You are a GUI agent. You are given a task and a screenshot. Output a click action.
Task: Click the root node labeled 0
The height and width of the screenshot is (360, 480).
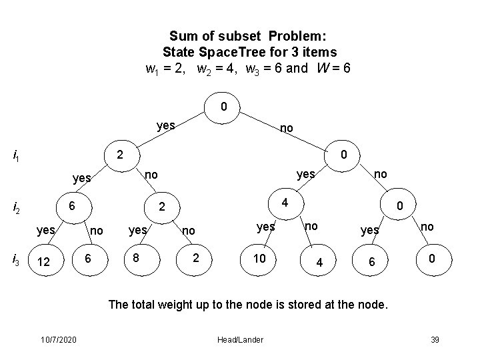(224, 107)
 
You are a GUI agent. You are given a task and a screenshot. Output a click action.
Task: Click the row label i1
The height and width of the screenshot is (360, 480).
(17, 156)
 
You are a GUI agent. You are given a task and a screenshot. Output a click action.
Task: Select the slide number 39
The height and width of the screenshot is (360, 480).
(435, 341)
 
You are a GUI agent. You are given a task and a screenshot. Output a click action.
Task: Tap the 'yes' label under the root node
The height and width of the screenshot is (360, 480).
(165, 124)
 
